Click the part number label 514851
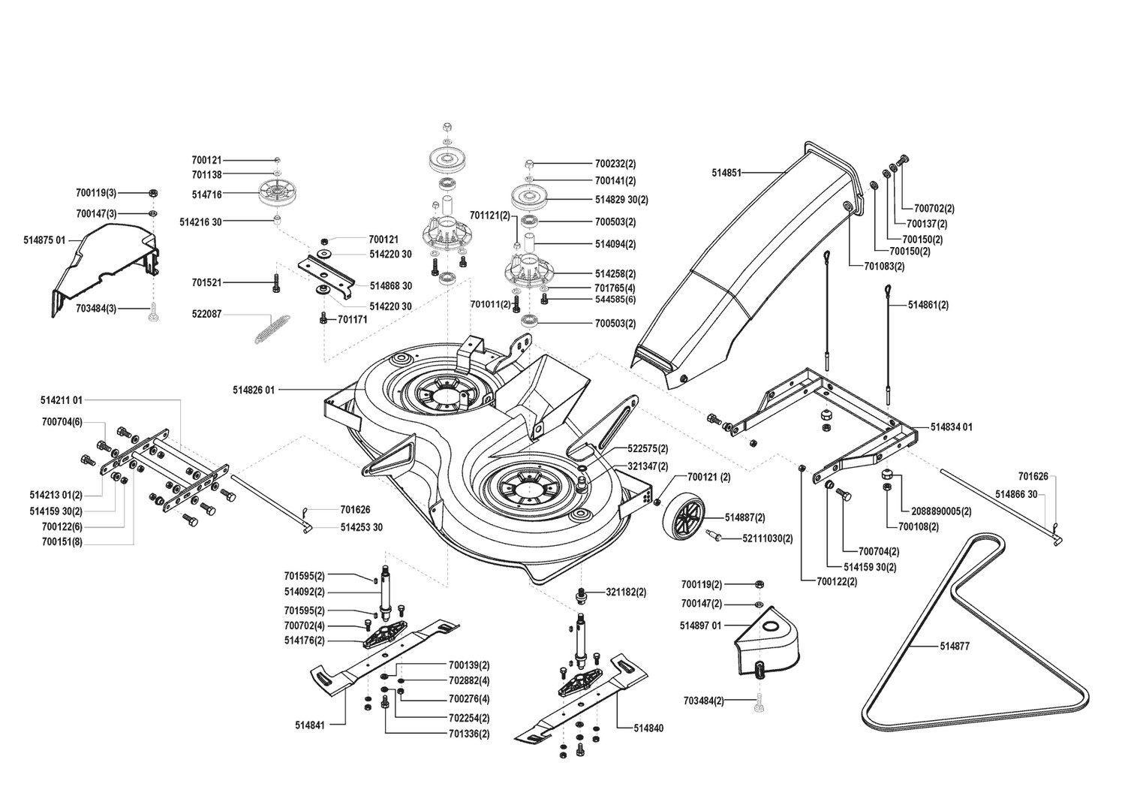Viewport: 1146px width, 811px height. [x=726, y=173]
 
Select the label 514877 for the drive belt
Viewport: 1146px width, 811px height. [x=955, y=646]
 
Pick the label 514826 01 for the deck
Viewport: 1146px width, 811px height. [x=254, y=390]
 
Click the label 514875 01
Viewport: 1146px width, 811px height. [x=44, y=240]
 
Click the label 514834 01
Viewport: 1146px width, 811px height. [x=952, y=427]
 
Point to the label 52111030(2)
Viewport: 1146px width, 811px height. [x=767, y=538]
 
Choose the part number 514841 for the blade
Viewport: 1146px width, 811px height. [x=309, y=725]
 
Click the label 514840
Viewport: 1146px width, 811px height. [x=648, y=728]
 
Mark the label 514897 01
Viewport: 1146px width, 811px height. [x=701, y=626]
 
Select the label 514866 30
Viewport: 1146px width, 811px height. [x=1016, y=493]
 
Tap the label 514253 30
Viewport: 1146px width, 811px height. [x=362, y=528]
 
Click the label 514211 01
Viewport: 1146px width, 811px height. [x=61, y=399]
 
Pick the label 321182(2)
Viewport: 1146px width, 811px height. [x=627, y=592]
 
